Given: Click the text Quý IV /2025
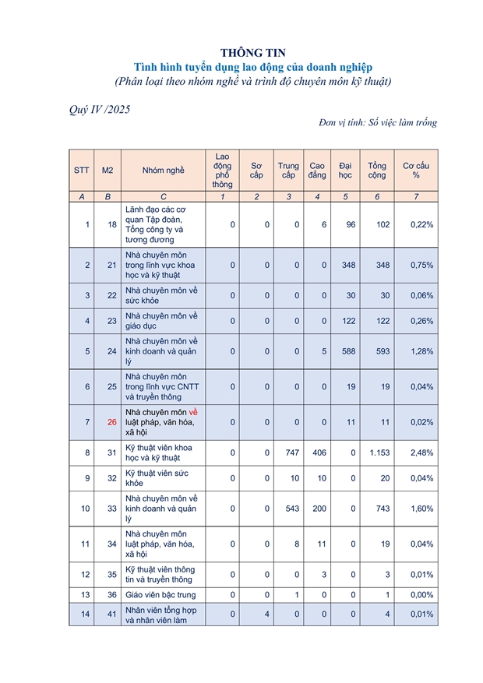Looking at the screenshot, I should (100, 110).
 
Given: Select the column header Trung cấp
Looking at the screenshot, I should (288, 171).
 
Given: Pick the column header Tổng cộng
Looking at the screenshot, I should (377, 171).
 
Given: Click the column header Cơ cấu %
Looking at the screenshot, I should (416, 171).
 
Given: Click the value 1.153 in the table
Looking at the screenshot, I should (377, 452).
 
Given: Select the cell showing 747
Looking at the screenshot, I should (288, 452).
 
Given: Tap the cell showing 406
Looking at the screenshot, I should (317, 452).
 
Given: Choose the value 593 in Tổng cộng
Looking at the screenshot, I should (377, 351).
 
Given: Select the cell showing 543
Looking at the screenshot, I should (288, 509).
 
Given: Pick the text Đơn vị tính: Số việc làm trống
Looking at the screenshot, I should (378, 123).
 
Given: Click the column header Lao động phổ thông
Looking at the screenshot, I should (222, 171).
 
